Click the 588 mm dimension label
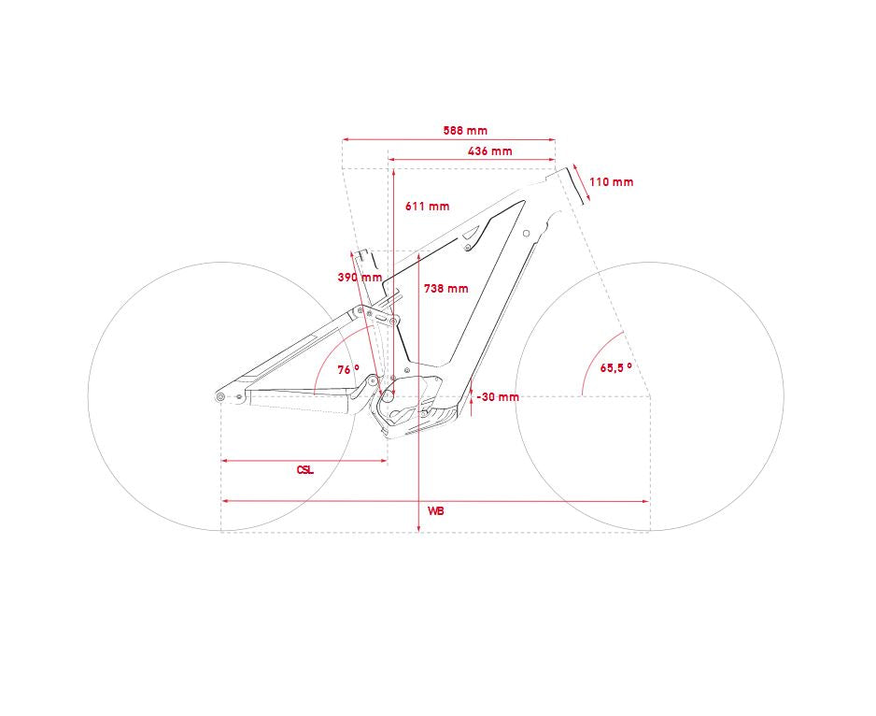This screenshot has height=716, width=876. point(465,130)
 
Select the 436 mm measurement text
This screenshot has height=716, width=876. point(490,151)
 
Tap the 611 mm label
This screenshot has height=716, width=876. point(428,206)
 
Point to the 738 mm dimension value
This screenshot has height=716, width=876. point(445,289)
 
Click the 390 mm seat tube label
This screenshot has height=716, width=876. point(360,277)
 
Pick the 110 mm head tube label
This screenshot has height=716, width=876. point(611,181)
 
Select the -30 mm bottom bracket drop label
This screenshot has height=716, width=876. point(498,397)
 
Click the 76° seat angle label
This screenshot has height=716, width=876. point(348,370)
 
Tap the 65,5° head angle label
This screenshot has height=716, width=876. point(616,368)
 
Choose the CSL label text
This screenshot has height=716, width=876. point(305,470)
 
